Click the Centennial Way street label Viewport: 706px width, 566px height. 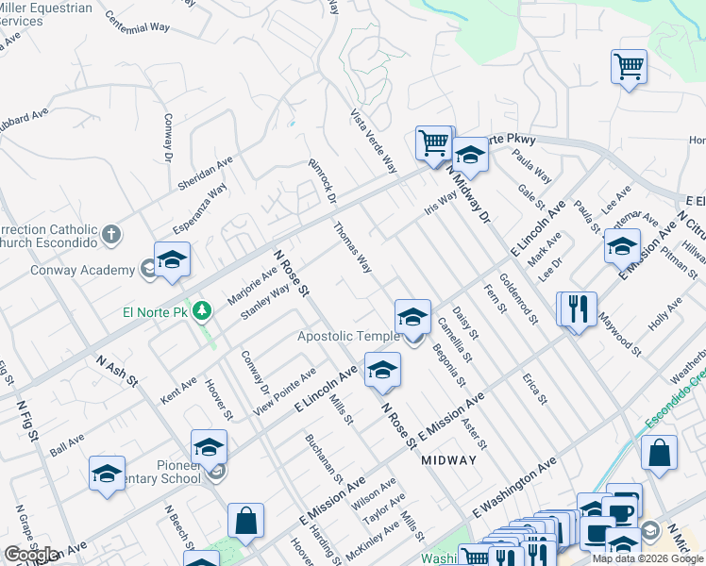coord(137,22)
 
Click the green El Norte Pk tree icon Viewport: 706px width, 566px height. coord(200,310)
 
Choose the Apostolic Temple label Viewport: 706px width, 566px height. coord(349,336)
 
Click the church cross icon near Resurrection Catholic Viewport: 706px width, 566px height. coord(111,234)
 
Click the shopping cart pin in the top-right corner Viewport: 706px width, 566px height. coord(629,67)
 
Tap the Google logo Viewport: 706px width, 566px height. coord(30,555)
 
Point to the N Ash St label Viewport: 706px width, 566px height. coord(117,370)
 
